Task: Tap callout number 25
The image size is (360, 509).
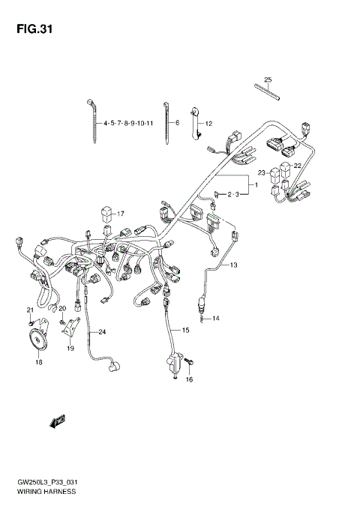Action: (268, 80)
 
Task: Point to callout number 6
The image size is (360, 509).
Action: (177, 122)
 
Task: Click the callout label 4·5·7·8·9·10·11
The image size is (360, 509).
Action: (128, 122)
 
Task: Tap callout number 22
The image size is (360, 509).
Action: (298, 166)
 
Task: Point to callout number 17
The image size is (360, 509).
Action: (119, 213)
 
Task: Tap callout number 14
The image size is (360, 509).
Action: (215, 319)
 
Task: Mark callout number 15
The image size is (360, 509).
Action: (185, 330)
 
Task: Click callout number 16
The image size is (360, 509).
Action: (189, 380)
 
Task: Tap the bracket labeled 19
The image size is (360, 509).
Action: (70, 328)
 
